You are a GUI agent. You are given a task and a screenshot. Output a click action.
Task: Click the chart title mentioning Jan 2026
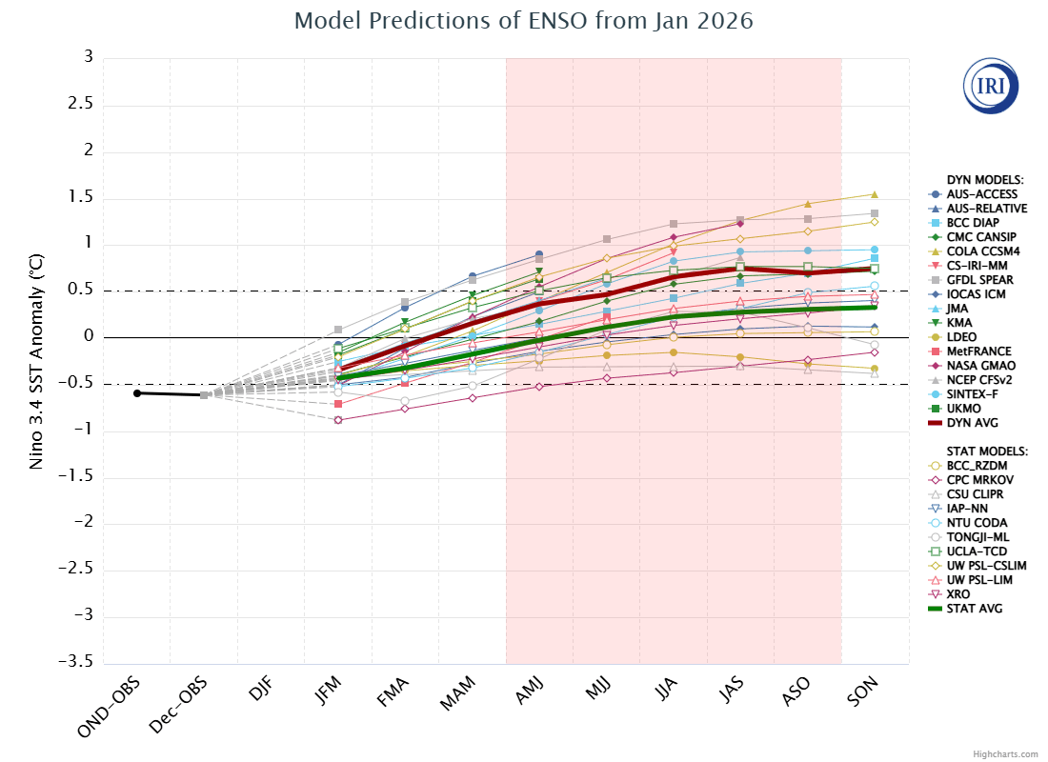pyautogui.click(x=523, y=21)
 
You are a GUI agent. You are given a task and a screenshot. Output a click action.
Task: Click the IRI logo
pyautogui.click(x=991, y=87)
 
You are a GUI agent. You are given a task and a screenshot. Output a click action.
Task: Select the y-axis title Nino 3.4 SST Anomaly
pyautogui.click(x=36, y=359)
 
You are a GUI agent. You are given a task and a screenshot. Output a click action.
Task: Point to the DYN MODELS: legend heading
pyautogui.click(x=984, y=179)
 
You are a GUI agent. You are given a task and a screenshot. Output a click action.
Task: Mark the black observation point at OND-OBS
pyautogui.click(x=137, y=392)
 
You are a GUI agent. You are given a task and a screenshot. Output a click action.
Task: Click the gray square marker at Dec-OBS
pyautogui.click(x=204, y=394)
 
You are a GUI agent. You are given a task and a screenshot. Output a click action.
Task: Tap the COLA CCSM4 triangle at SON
pyautogui.click(x=875, y=194)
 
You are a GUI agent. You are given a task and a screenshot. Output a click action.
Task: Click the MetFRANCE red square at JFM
pyautogui.click(x=338, y=404)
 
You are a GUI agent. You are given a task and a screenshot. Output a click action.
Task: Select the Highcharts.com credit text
pyautogui.click(x=1005, y=753)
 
